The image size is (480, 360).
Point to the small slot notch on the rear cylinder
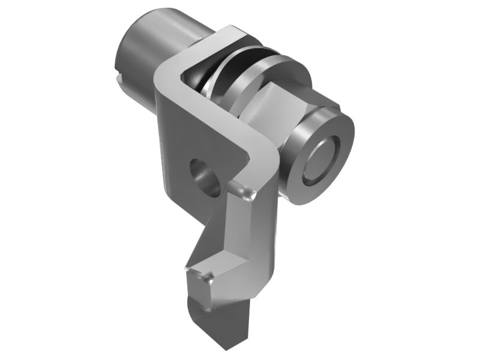(x=118, y=79)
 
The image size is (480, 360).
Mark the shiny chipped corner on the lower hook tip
(x=208, y=277)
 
